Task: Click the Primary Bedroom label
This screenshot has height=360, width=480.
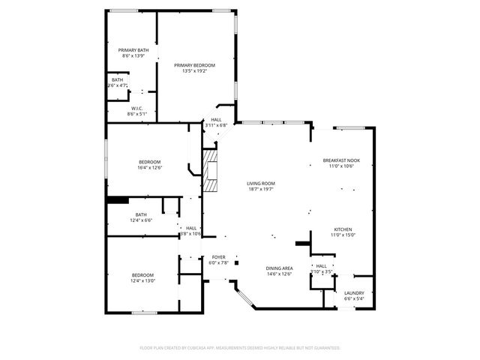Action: [195, 66]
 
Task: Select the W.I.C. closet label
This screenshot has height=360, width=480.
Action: [136, 108]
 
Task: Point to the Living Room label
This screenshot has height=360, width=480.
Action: [262, 183]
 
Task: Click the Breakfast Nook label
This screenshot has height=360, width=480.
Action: [341, 160]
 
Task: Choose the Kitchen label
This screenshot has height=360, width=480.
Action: [343, 229]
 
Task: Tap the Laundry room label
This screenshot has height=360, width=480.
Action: [354, 292]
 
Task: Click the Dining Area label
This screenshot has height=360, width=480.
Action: [279, 268]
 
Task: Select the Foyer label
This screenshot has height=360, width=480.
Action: [218, 256]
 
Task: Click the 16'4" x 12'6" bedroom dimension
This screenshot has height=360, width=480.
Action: [149, 168]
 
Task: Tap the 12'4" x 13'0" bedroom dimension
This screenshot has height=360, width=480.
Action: [142, 280]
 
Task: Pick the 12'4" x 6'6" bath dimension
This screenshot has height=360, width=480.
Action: [141, 220]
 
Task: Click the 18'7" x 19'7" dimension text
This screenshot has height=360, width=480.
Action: [262, 189]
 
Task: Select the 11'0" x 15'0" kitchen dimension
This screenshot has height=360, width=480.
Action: [343, 235]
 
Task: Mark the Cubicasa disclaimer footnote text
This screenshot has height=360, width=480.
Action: [240, 348]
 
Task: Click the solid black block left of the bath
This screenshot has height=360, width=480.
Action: [117, 199]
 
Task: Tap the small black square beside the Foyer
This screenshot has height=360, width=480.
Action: [237, 262]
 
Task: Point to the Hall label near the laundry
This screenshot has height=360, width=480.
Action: [322, 265]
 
